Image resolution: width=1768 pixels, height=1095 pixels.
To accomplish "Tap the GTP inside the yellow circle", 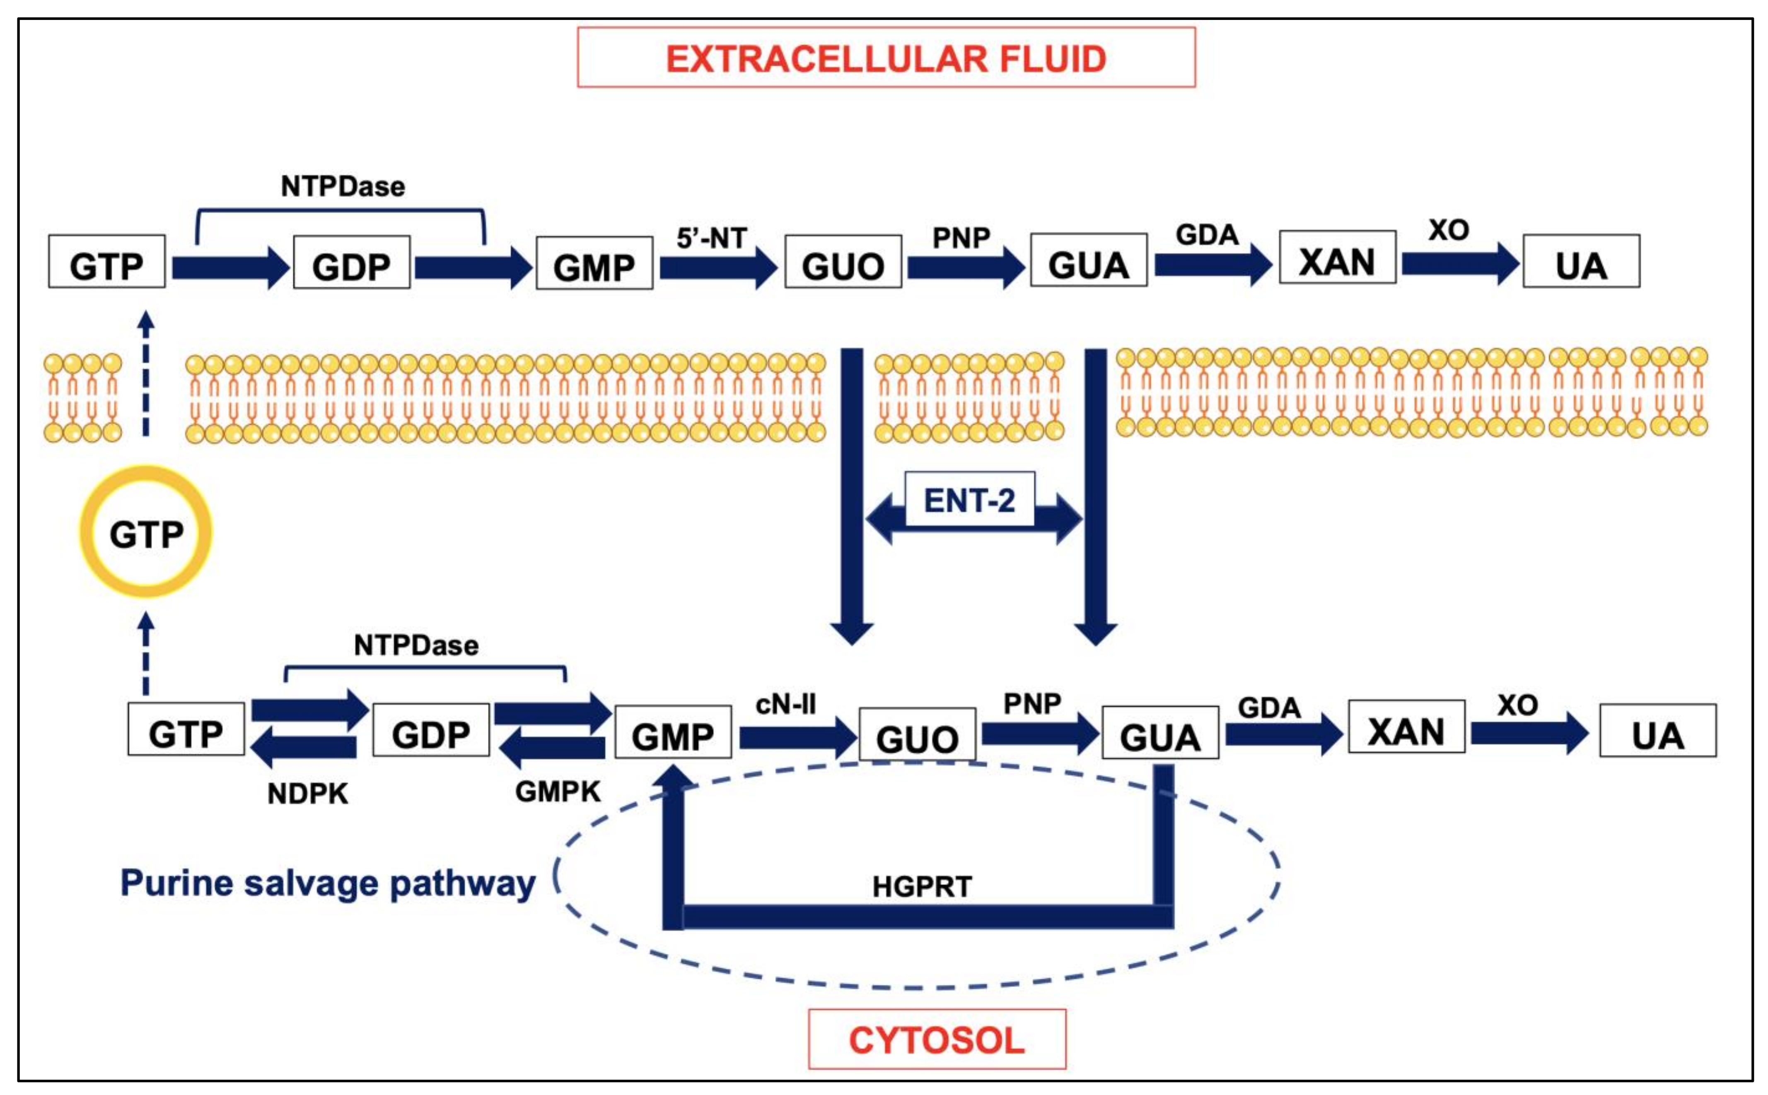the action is click(146, 534).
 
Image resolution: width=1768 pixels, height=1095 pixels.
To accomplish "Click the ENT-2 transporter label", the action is click(969, 500).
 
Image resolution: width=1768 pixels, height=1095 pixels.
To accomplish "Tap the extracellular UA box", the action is click(1581, 261).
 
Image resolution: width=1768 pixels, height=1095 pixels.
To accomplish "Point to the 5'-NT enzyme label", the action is click(712, 238).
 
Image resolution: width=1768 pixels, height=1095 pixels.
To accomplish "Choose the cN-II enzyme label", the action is click(785, 704).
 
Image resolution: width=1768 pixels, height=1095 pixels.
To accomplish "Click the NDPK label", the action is click(307, 794).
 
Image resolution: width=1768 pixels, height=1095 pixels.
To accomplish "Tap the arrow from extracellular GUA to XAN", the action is click(1213, 265).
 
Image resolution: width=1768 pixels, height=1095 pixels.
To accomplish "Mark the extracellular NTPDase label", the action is click(343, 187).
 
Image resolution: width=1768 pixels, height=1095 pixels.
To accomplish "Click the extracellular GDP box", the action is click(351, 262).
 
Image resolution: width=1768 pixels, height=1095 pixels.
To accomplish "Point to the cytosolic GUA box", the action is click(1160, 732).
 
